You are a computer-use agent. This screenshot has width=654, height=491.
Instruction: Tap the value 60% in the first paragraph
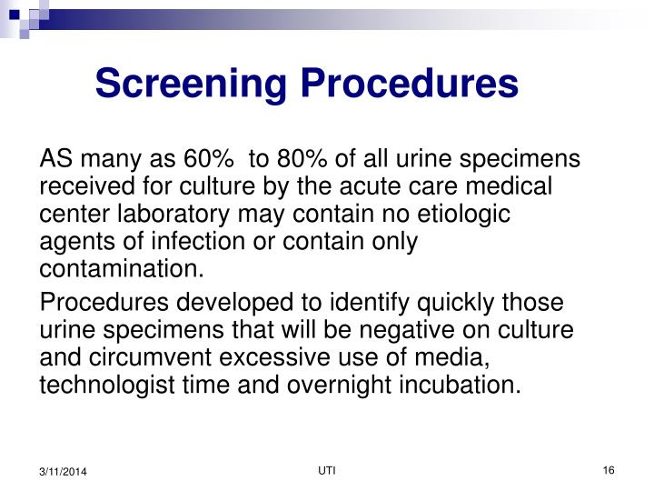point(208,161)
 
